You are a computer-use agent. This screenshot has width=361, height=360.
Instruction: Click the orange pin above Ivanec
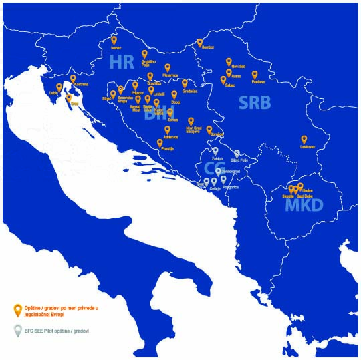tap(114, 40)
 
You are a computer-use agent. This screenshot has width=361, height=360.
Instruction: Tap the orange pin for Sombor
tap(199, 42)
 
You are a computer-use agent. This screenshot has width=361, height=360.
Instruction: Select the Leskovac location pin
tap(304, 139)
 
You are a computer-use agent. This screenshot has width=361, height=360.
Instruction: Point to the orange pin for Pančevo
tap(255, 75)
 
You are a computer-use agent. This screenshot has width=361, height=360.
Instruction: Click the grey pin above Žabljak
tap(215, 151)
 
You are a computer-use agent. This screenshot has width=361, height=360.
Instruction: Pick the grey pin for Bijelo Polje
tap(237, 153)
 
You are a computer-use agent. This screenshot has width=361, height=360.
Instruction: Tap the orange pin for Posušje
tap(160, 142)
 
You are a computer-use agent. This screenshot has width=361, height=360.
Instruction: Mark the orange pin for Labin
tap(59, 87)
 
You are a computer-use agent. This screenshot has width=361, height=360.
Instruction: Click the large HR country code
tap(122, 63)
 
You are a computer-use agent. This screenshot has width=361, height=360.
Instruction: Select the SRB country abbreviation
tap(255, 102)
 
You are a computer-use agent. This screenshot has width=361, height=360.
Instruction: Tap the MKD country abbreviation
tap(304, 205)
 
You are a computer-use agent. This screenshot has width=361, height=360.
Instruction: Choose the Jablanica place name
tap(167, 136)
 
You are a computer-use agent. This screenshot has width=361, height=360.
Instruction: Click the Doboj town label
tap(176, 102)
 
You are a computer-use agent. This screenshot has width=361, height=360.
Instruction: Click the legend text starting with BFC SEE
tap(57, 331)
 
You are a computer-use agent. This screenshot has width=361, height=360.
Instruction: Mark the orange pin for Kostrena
tap(73, 78)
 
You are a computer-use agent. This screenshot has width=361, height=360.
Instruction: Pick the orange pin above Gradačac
tap(185, 83)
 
